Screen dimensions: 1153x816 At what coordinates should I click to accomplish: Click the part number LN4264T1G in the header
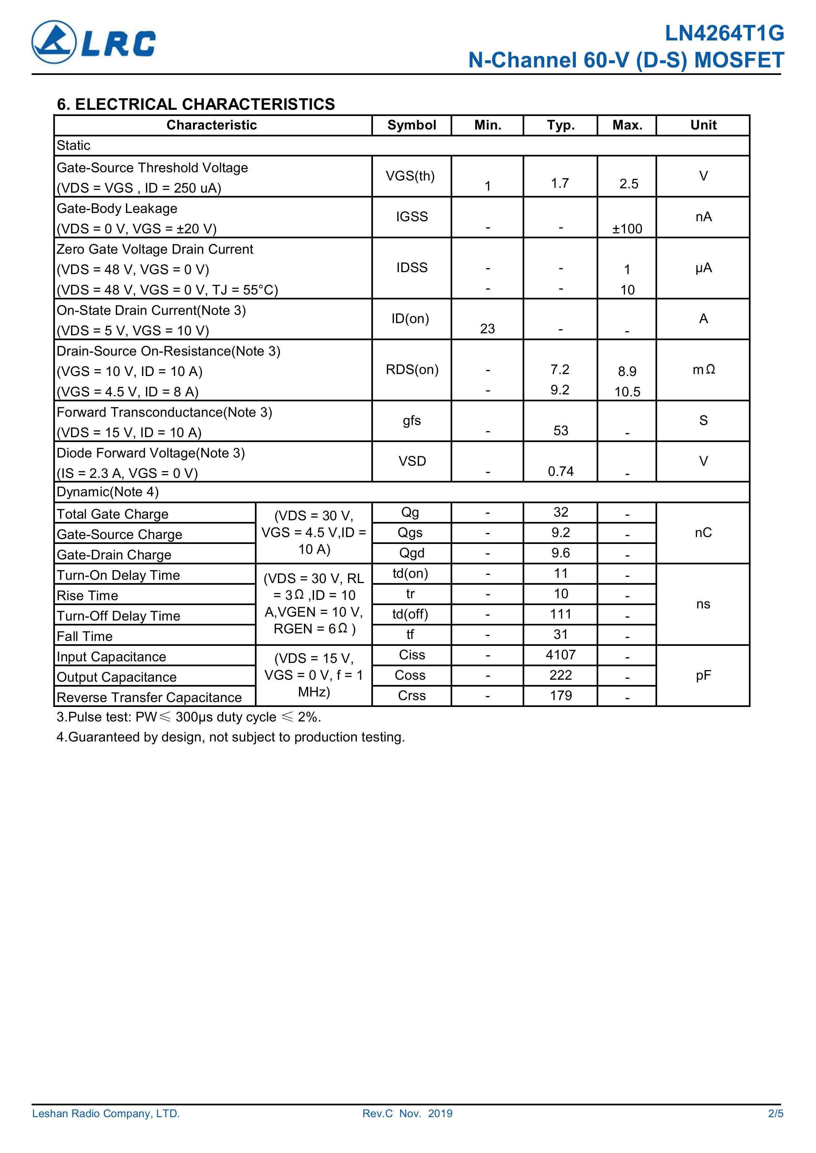[x=724, y=34]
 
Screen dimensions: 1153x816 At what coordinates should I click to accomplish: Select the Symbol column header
[x=411, y=125]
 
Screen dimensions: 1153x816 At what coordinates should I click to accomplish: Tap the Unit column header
[x=703, y=125]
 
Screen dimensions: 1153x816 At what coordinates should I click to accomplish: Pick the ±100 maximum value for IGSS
[x=627, y=229]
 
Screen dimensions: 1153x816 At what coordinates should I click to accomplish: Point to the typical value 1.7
[x=560, y=183]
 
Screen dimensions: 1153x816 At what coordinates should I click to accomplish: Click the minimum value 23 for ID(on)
[x=487, y=329]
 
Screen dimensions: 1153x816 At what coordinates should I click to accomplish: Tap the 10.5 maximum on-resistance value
[x=627, y=392]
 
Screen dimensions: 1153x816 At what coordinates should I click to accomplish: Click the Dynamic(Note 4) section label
[x=108, y=492]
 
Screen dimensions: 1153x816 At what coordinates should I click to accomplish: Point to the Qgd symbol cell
[x=411, y=553]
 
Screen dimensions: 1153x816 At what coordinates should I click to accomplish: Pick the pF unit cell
[x=703, y=675]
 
